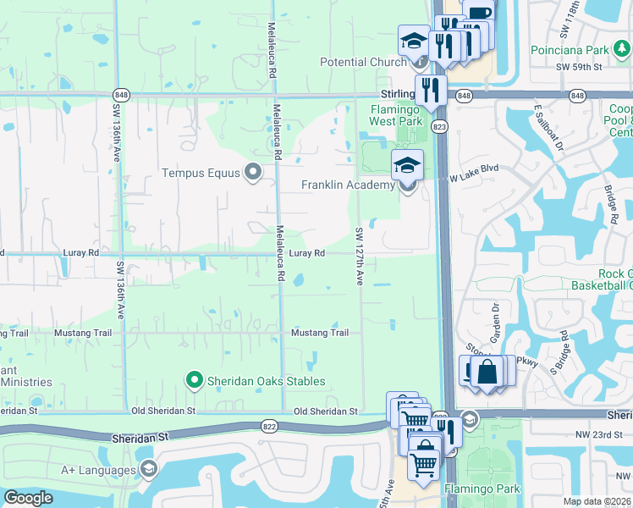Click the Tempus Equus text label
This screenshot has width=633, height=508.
click(201, 173)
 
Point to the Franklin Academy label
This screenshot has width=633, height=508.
click(348, 185)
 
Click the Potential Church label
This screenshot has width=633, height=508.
click(363, 62)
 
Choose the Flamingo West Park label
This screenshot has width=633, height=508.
click(395, 115)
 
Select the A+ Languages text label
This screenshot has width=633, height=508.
click(98, 470)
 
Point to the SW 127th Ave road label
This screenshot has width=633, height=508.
click(359, 256)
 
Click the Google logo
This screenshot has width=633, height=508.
click(28, 498)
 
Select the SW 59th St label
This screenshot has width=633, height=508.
click(579, 65)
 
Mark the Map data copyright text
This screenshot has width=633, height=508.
click(597, 501)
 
